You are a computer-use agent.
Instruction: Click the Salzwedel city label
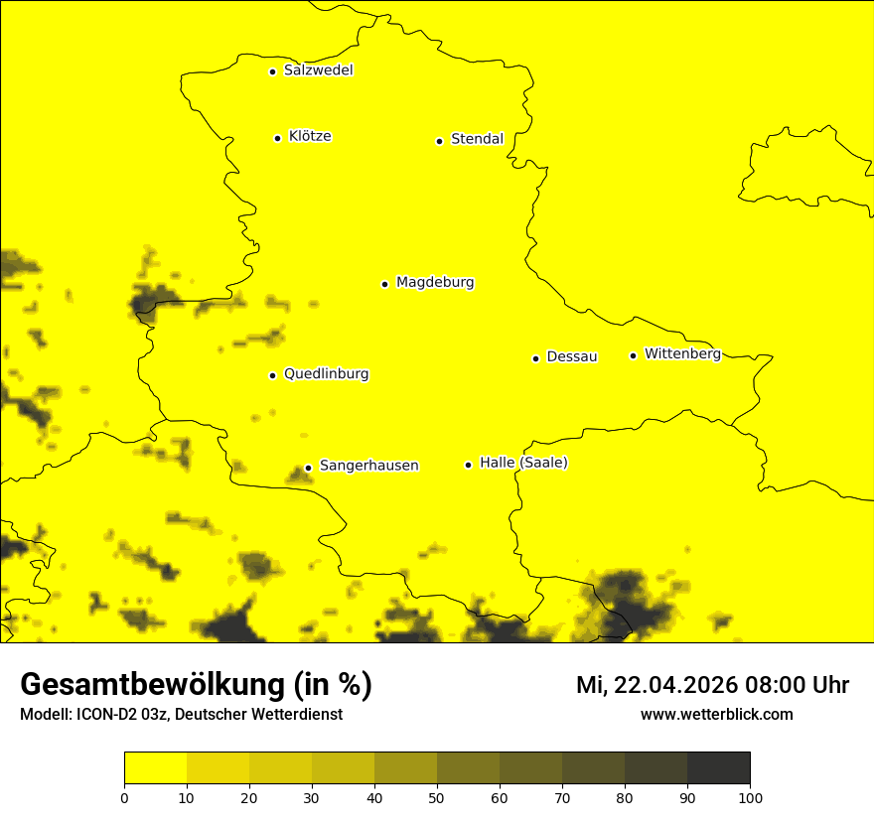[x=318, y=70]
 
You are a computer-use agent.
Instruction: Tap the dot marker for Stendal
[x=439, y=141]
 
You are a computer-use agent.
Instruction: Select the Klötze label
[x=310, y=136]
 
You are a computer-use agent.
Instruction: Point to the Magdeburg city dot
[x=384, y=284]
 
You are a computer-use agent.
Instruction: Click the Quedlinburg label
[x=326, y=374]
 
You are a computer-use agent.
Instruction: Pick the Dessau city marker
[x=535, y=358]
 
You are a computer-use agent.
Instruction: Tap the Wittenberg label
[x=682, y=353]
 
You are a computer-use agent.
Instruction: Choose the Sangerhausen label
[x=368, y=466]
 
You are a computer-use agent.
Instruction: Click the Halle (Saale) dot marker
[x=468, y=465]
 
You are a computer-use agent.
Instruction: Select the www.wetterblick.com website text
[x=716, y=715]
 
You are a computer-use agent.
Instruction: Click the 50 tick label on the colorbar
[x=437, y=797]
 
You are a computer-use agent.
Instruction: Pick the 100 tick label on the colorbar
[x=750, y=797]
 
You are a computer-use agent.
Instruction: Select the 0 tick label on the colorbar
[x=124, y=797]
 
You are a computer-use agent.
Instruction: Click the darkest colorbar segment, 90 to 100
[x=718, y=768]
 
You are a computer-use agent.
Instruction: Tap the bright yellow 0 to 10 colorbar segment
[x=156, y=768]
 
